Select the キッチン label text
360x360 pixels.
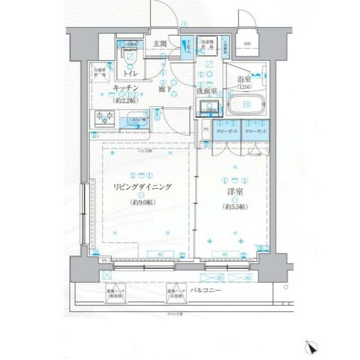tap(126, 89)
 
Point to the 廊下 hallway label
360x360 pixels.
tap(164, 89)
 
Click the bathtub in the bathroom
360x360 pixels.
tap(248, 106)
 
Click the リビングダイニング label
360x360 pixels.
tap(142, 188)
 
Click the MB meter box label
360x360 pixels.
tap(247, 44)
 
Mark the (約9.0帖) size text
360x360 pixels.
tap(142, 201)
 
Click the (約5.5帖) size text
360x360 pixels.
tap(235, 206)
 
